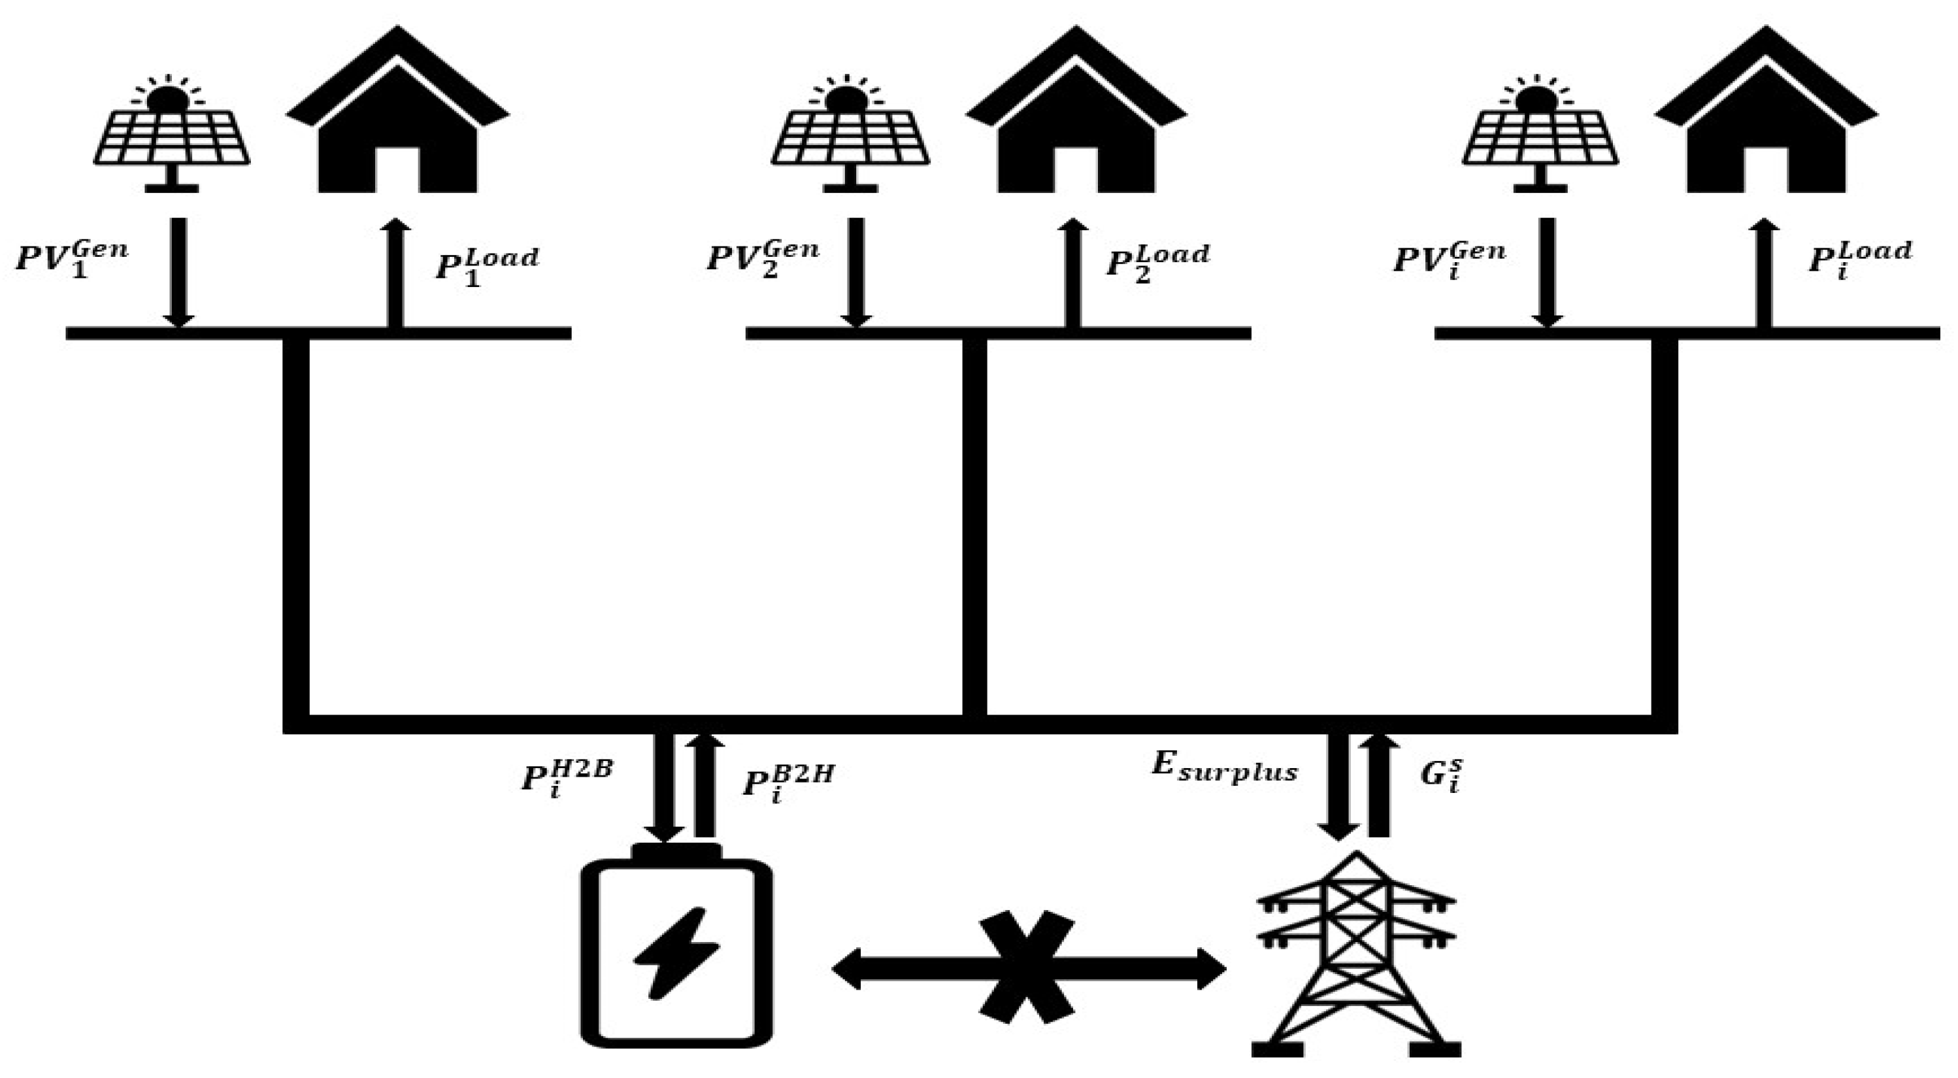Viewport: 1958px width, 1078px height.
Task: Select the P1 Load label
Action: [x=486, y=264]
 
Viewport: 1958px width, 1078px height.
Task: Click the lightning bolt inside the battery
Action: [x=676, y=952]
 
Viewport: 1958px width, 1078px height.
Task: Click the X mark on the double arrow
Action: [x=1026, y=966]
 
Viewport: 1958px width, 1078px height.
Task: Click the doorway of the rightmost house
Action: [x=1765, y=169]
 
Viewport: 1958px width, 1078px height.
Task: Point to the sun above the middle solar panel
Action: [x=846, y=99]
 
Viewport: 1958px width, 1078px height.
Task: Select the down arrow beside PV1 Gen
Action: [x=178, y=271]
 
